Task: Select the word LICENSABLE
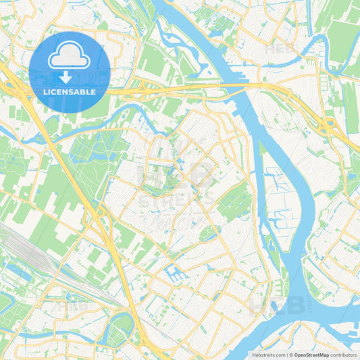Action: tap(70, 92)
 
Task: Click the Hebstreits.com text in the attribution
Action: tap(268, 355)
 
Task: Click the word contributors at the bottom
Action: tap(344, 355)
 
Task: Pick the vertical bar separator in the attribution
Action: tap(288, 355)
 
